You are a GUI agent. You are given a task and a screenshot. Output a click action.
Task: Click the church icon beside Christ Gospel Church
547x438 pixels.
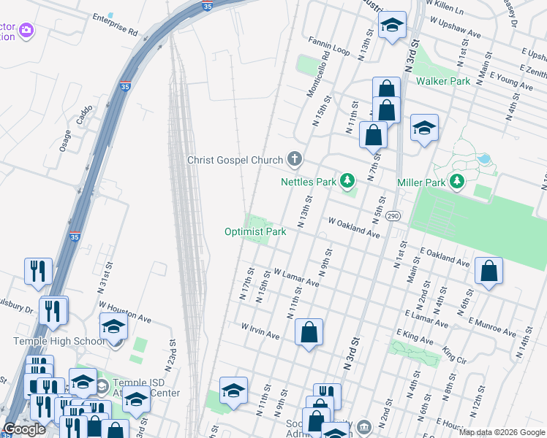click(295, 159)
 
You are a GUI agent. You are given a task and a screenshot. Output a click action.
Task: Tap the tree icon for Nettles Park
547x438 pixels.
click(347, 180)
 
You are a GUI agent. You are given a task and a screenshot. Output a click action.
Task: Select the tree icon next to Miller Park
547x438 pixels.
click(457, 180)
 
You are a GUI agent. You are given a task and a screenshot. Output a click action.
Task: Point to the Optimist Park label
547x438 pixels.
click(254, 232)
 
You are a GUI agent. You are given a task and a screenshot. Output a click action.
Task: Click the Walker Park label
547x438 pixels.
click(443, 81)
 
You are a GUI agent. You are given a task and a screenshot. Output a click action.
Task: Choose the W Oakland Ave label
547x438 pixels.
click(354, 227)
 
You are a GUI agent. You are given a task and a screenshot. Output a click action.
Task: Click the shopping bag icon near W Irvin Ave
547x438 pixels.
click(309, 332)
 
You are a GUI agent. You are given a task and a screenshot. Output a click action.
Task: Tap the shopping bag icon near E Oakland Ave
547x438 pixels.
click(488, 271)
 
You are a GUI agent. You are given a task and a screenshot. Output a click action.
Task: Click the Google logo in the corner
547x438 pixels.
click(24, 429)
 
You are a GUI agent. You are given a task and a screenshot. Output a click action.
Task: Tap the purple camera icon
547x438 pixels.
click(27, 30)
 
